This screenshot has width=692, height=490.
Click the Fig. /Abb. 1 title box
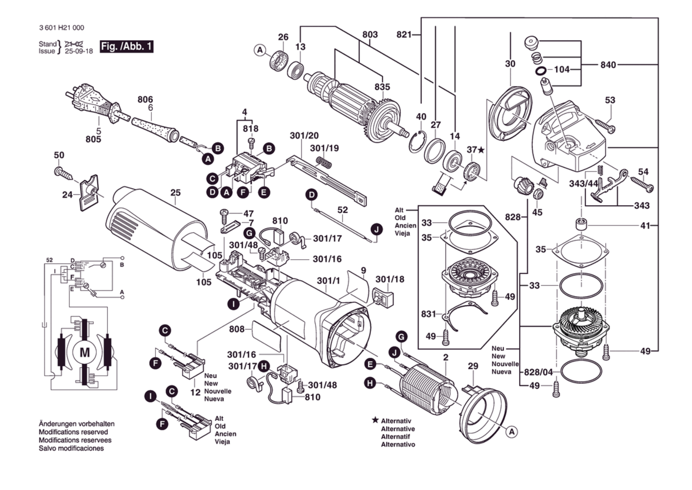click(126, 46)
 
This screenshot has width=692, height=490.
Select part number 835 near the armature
click(382, 87)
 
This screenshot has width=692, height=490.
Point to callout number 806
click(145, 99)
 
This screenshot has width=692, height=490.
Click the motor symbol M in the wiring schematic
click(85, 353)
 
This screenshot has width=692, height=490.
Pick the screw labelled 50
click(63, 173)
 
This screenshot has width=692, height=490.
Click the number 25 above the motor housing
click(175, 193)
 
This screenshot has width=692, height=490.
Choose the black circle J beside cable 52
click(377, 229)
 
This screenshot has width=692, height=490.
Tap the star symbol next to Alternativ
click(375, 420)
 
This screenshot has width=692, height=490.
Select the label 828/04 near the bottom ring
click(538, 372)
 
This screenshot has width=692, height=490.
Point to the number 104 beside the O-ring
click(561, 69)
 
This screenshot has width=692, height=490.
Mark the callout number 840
click(608, 65)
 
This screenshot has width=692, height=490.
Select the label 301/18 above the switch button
click(390, 279)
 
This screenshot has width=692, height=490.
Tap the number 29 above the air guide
click(473, 366)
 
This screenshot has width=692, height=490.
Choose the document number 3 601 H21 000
click(62, 28)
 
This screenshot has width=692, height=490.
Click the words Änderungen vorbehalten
click(77, 424)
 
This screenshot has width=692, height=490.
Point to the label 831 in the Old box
click(428, 314)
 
